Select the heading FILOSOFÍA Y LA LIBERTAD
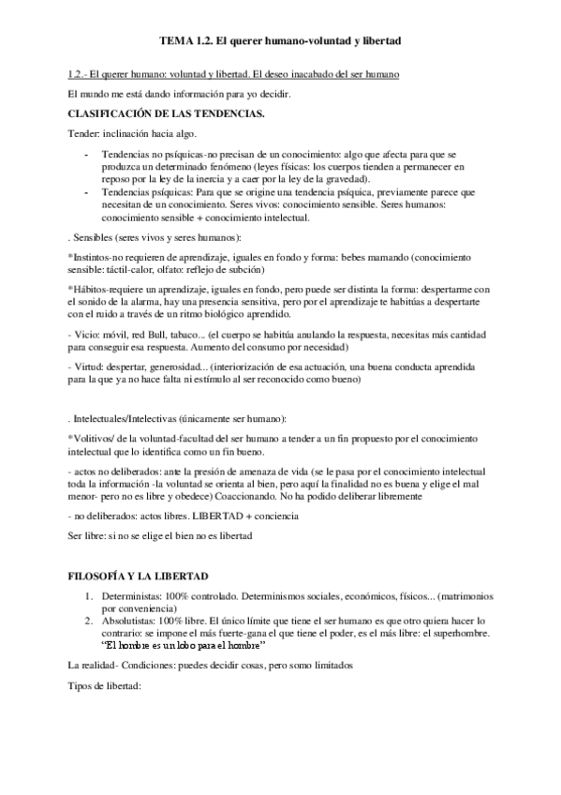click(x=140, y=573)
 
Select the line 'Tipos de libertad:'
click(x=104, y=684)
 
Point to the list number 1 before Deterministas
click(x=89, y=596)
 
